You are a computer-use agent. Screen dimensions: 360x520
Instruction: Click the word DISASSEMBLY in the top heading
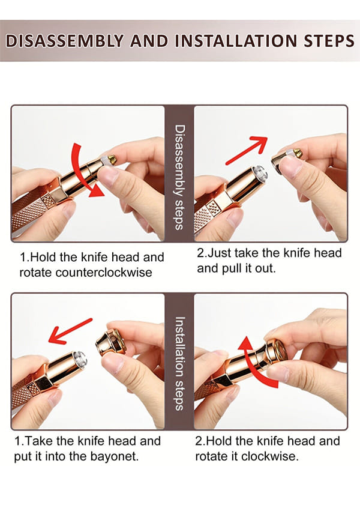click(65, 41)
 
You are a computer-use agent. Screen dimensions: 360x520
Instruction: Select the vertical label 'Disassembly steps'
click(179, 177)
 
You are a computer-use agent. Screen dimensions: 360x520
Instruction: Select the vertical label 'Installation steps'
click(179, 364)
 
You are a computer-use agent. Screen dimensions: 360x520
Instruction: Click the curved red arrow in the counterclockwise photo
click(81, 172)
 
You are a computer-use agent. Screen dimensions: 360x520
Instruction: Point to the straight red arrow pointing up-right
click(247, 150)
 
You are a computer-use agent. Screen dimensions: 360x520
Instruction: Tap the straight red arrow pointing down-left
click(70, 331)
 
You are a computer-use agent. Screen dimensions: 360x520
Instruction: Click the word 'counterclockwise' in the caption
click(104, 273)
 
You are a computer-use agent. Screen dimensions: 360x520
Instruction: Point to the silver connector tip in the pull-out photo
click(260, 173)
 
